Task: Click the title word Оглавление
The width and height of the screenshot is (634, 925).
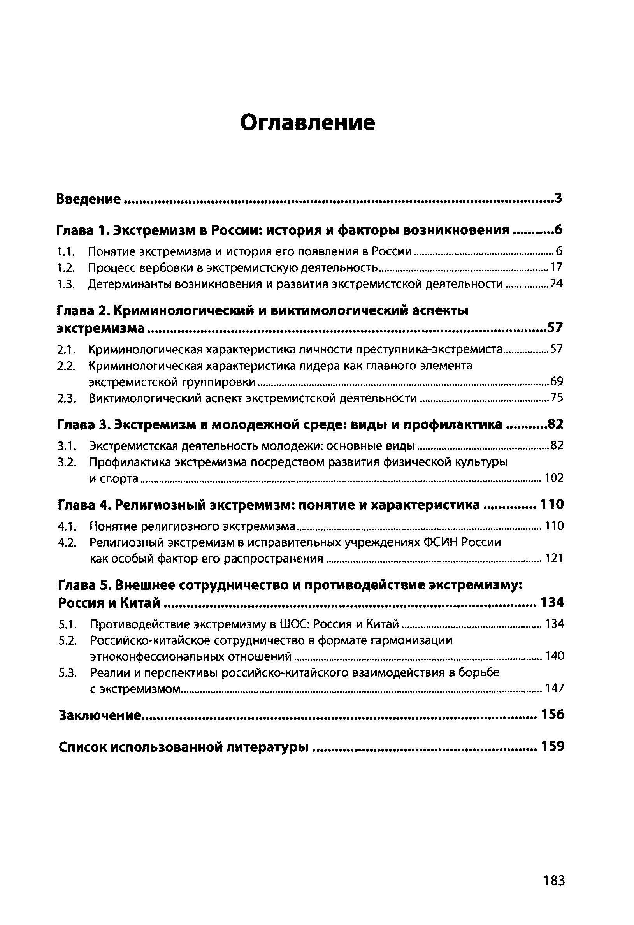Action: point(307,123)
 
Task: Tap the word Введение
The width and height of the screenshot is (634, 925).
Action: point(88,198)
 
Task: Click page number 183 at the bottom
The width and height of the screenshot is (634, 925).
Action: point(554,880)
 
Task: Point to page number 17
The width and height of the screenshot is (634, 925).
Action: point(557,267)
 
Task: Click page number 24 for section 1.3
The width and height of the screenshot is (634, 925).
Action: point(556,284)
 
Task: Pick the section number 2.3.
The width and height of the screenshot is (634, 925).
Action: point(67,398)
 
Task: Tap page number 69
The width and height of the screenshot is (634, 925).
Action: point(557,382)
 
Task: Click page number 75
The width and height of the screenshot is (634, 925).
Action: point(557,398)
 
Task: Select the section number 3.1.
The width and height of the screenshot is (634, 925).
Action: point(67,446)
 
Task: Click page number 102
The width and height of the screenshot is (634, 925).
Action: point(554,478)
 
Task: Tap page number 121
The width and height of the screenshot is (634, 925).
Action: point(554,558)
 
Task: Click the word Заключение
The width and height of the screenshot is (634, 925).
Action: point(100,716)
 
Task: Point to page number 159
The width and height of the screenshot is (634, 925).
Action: point(552,747)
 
